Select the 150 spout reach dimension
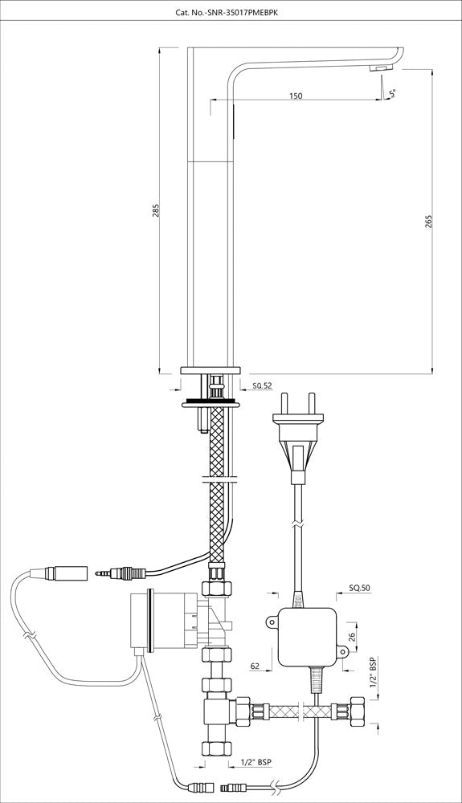tap(295, 96)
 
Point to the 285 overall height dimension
tap(157, 210)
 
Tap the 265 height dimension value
tap(428, 221)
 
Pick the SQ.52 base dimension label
tap(264, 386)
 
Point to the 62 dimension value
tap(254, 665)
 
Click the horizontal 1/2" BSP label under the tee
tap(256, 764)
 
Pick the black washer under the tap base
tap(211, 401)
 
